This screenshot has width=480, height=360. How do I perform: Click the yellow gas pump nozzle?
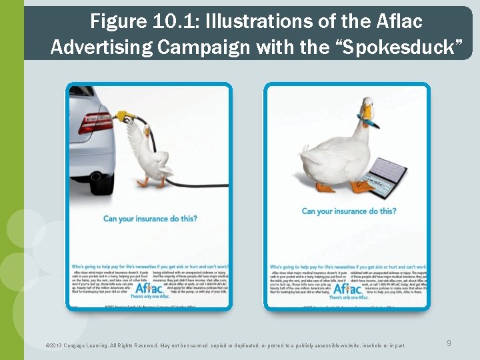coord(122,117)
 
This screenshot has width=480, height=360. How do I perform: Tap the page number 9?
coord(449,343)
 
